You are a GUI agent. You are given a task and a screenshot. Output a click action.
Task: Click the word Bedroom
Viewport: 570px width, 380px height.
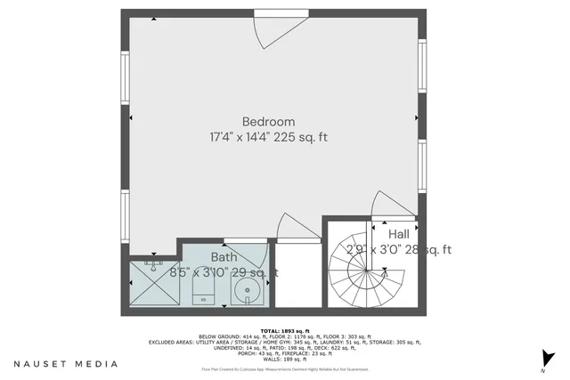(268, 122)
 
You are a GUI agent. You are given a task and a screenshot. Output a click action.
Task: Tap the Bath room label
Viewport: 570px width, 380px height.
(224, 257)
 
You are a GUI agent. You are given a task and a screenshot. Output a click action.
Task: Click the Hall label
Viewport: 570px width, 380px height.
(398, 233)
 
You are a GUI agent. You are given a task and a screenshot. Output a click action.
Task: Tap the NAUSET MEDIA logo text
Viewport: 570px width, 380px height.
(66, 364)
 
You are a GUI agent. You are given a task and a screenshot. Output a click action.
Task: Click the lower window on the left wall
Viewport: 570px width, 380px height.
(124, 218)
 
